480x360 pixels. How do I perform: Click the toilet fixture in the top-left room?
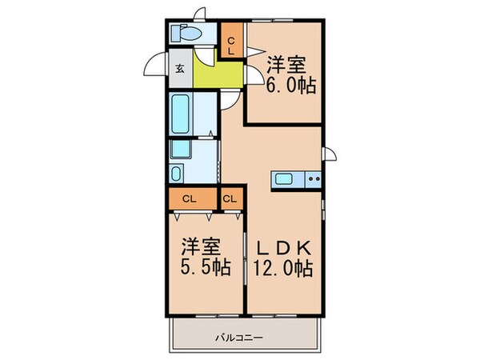click(x=186, y=34)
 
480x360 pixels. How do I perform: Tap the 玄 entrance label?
click(x=179, y=68)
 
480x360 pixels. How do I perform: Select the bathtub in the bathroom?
click(x=180, y=114)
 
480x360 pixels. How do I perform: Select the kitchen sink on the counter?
click(x=286, y=179)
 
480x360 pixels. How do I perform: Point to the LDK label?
click(x=286, y=246)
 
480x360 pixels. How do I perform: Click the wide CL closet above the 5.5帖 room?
click(x=192, y=198)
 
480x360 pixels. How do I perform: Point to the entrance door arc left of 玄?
click(x=154, y=66)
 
